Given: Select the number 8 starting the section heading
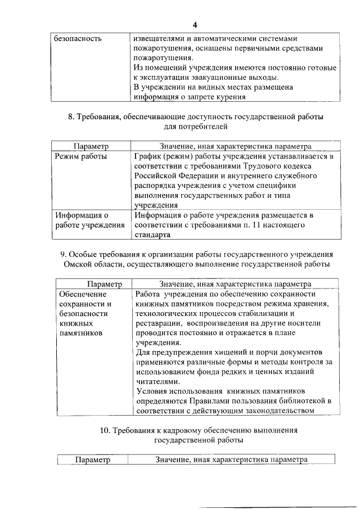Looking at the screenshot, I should click(x=70, y=117).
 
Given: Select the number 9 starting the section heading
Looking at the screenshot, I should click(x=62, y=254).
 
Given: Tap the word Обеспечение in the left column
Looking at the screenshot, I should click(x=79, y=294).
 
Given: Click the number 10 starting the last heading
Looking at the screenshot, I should click(x=104, y=430).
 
